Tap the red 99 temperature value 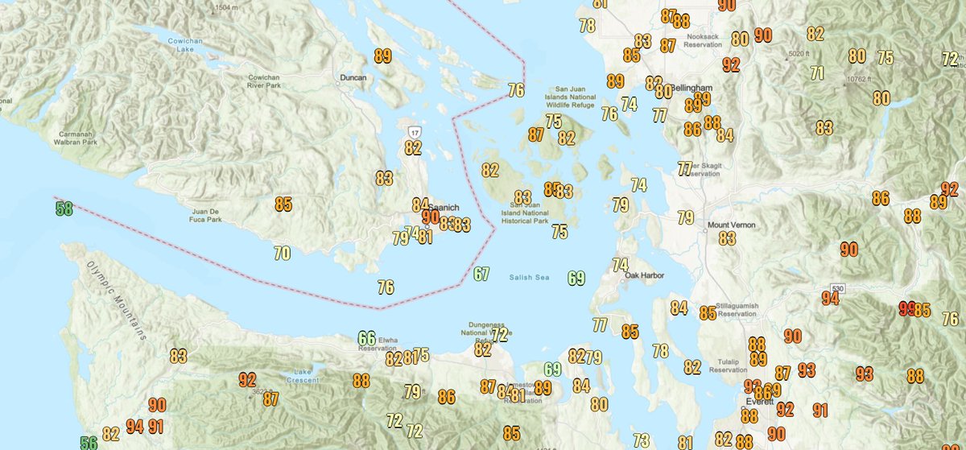[x=906, y=309]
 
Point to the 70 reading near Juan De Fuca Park [x=282, y=254]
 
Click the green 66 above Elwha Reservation [x=367, y=339]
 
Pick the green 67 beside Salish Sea [x=481, y=275]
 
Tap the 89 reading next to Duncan [x=383, y=56]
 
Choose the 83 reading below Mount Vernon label [x=727, y=238]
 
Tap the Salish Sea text [x=528, y=278]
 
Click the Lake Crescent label [x=302, y=375]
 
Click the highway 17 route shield [x=414, y=131]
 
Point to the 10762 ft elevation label [x=858, y=80]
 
